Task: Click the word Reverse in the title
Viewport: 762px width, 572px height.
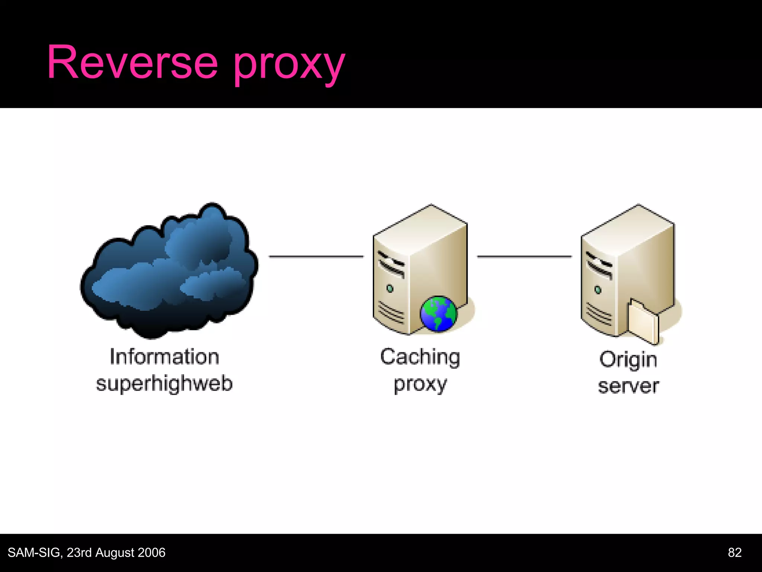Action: [x=132, y=63]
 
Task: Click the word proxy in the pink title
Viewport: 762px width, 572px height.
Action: [x=289, y=65]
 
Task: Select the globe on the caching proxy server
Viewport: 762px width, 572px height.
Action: [x=438, y=314]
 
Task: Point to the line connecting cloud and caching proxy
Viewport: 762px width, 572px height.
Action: [x=316, y=256]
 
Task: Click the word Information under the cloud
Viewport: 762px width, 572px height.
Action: [x=164, y=357]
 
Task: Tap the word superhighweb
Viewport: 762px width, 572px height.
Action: [x=164, y=384]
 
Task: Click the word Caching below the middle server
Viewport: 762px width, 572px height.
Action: [x=420, y=357]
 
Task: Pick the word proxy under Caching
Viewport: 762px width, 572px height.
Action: [x=420, y=385]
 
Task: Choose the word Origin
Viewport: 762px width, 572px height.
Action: [x=628, y=360]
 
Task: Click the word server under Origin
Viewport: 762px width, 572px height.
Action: [x=628, y=386]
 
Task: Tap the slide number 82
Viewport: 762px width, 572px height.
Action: [x=734, y=552]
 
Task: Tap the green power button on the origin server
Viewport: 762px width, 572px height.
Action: [x=598, y=290]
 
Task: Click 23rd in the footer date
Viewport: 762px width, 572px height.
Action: [x=79, y=553]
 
